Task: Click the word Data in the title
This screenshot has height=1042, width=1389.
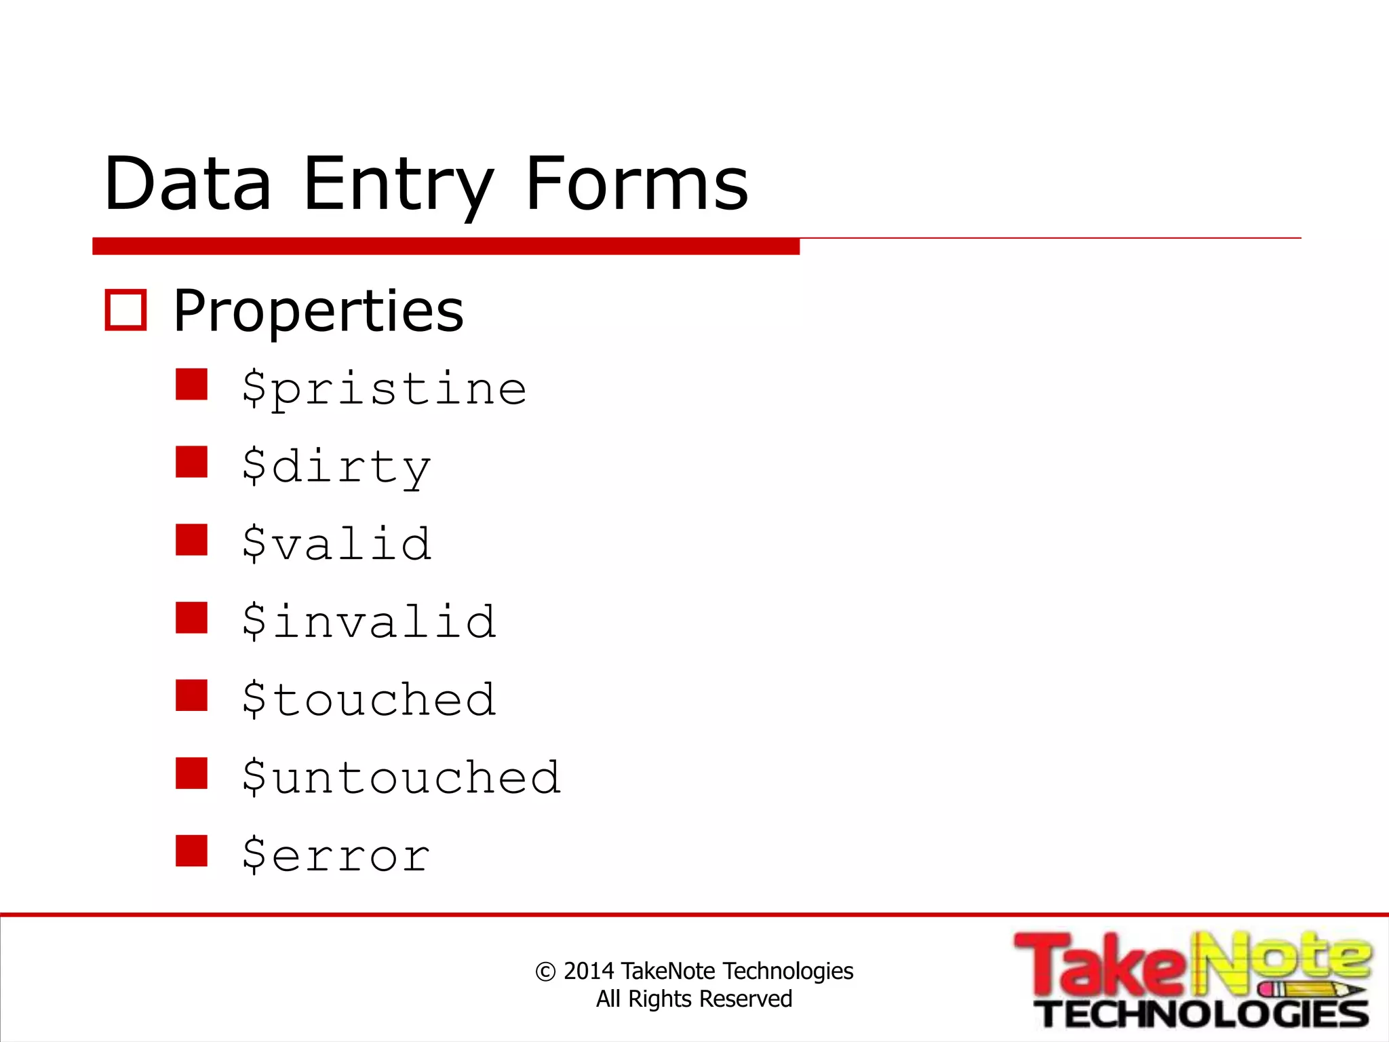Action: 188,183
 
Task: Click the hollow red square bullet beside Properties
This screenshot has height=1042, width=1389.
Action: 125,311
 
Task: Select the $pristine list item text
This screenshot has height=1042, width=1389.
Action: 384,389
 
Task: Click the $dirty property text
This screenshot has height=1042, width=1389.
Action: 336,467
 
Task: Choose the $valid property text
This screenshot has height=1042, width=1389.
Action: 336,544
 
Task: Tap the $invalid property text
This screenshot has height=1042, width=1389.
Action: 369,622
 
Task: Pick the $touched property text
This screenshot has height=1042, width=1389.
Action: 369,699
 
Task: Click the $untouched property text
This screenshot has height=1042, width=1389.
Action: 402,777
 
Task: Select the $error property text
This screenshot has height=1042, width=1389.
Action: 336,855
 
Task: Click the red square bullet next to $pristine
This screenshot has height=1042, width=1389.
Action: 191,385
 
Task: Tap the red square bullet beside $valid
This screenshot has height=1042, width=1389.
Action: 191,540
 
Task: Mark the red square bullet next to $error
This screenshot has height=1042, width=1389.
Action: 191,851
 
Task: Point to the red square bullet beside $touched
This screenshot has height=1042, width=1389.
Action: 191,695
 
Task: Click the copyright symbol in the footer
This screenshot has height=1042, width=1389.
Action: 545,972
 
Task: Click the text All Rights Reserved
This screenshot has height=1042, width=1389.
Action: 694,999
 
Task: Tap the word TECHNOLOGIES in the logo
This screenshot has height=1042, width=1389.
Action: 1205,1015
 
